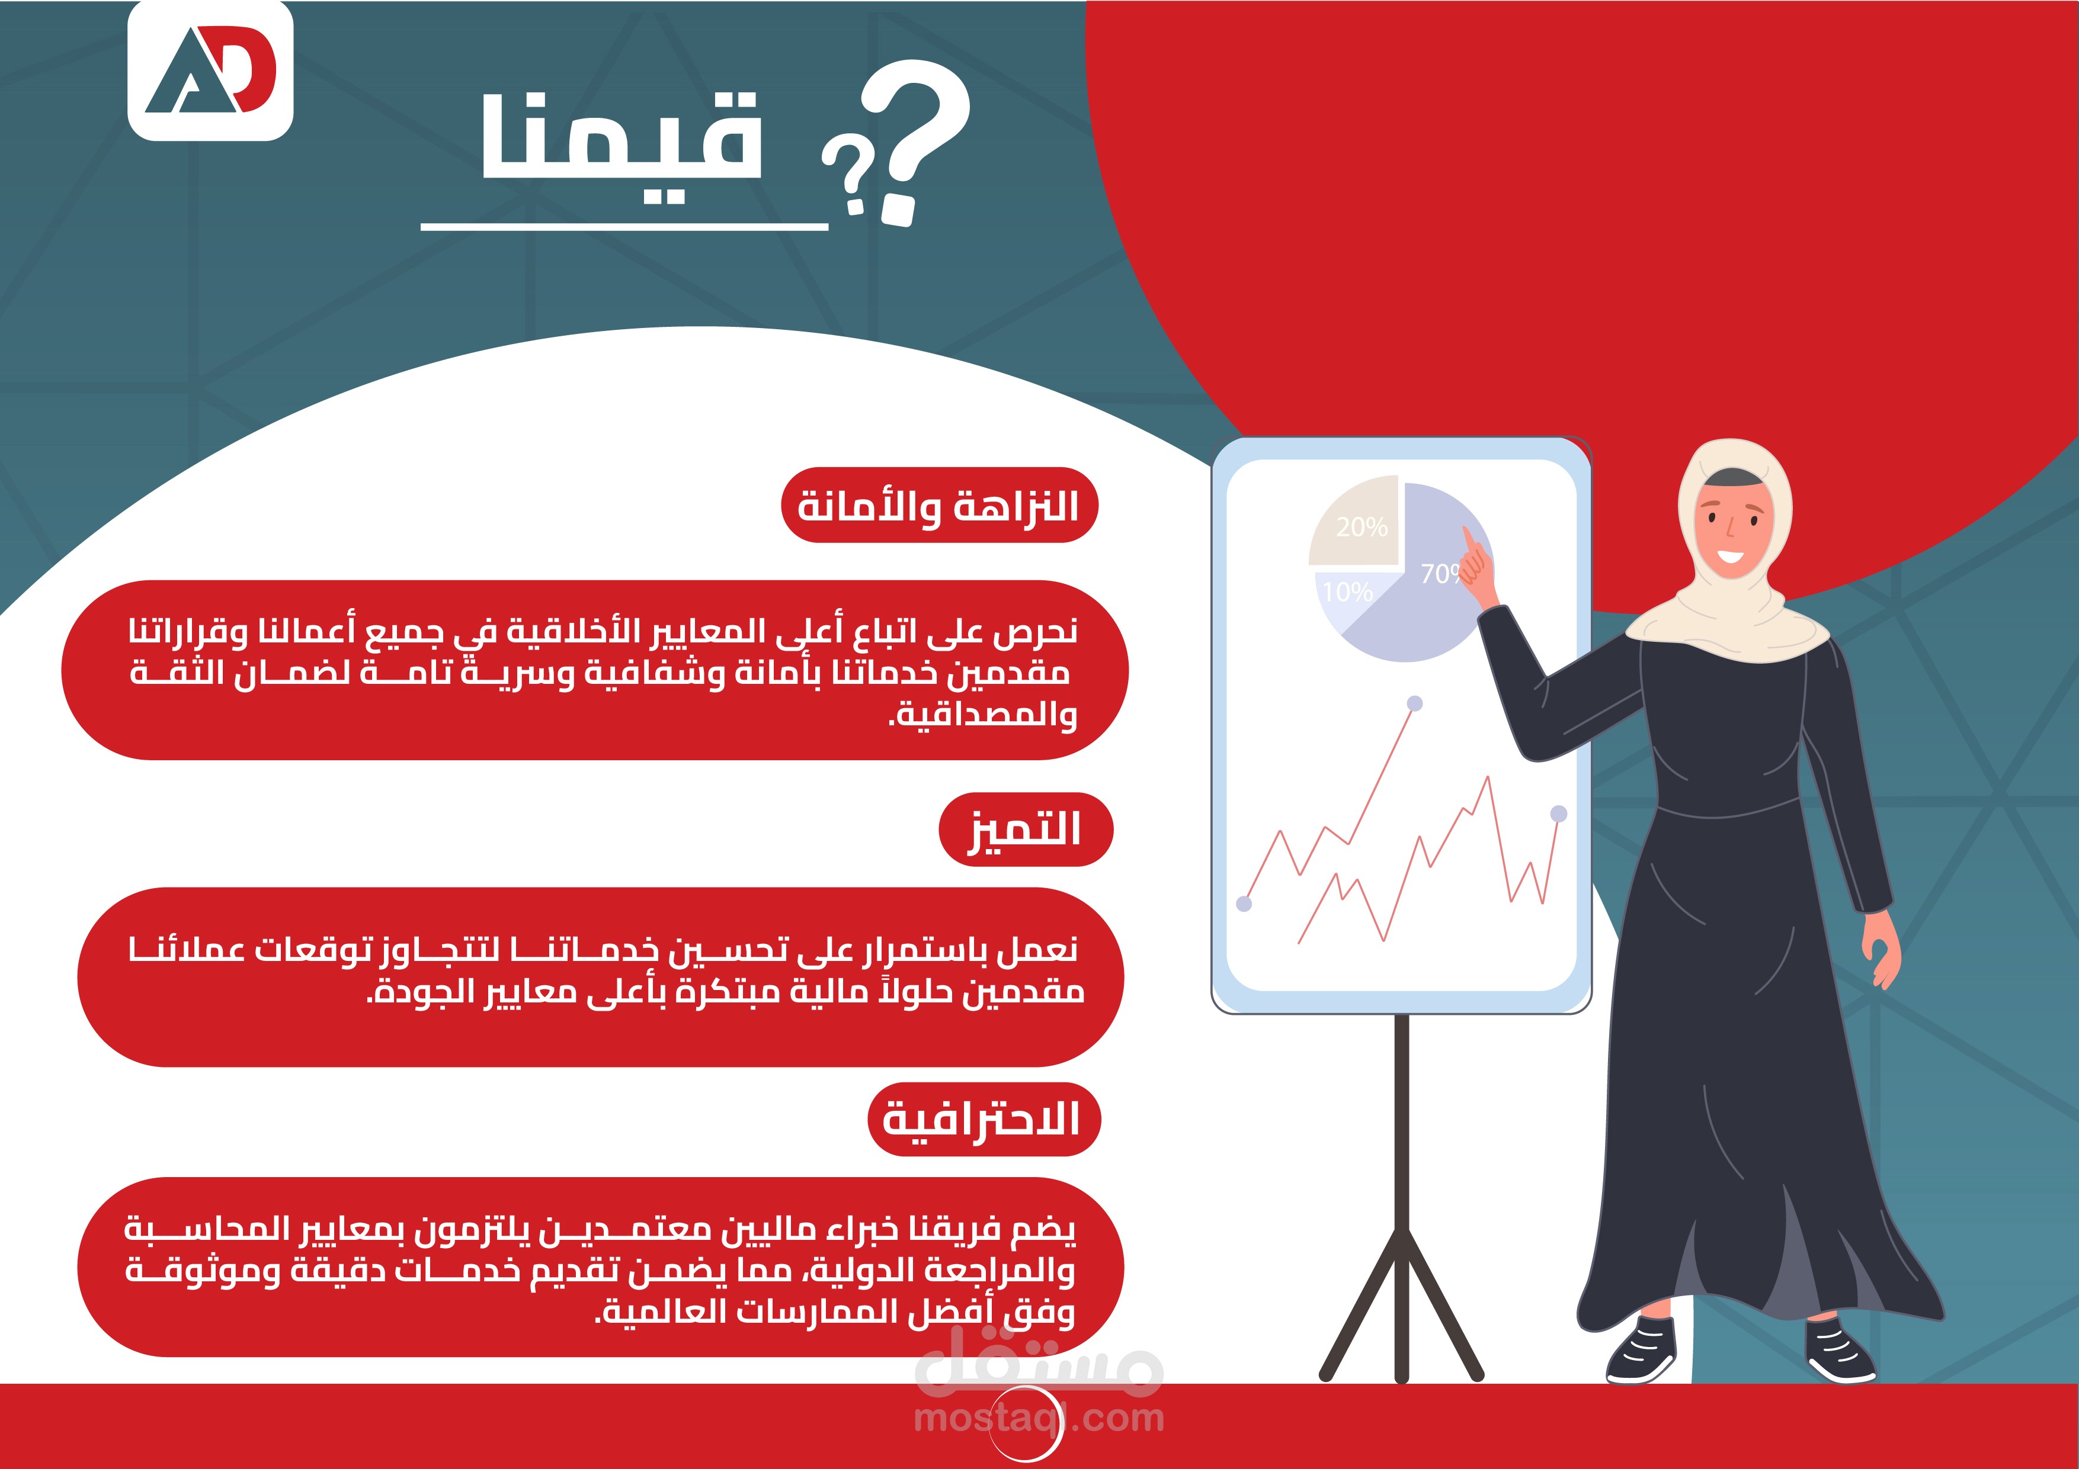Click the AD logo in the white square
tap(210, 70)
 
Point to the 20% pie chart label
tap(1361, 527)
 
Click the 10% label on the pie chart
tap(1347, 592)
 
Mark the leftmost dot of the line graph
tap(1244, 904)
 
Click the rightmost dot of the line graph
tap(1558, 814)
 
